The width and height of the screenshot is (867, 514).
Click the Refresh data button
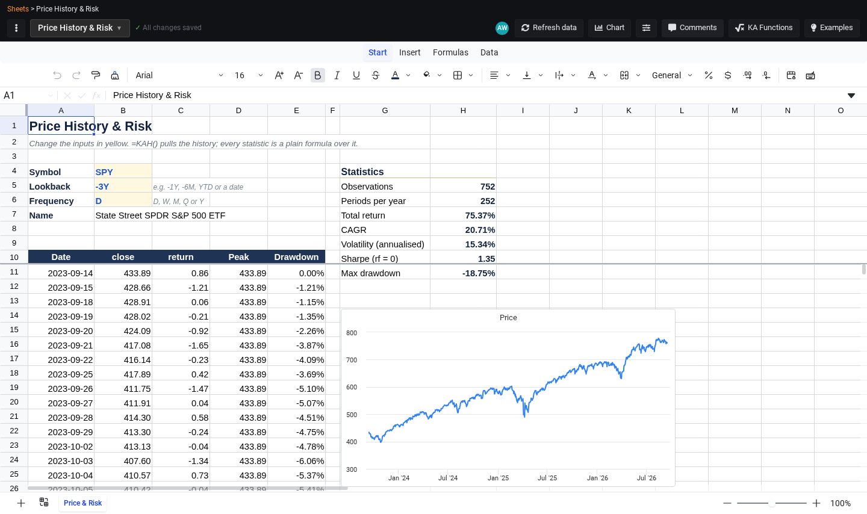[x=549, y=28]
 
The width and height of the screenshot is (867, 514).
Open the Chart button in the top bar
[x=609, y=28]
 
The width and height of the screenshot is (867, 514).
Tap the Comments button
[x=692, y=28]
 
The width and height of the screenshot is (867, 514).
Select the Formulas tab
[x=450, y=52]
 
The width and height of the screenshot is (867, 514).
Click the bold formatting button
[x=317, y=75]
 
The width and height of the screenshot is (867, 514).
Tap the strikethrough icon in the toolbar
[x=376, y=75]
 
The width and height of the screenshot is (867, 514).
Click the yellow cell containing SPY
[x=123, y=172]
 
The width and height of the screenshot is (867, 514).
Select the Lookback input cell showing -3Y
[x=123, y=187]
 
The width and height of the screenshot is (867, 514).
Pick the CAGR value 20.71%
[x=479, y=230]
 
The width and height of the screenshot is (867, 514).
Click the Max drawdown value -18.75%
[x=479, y=273]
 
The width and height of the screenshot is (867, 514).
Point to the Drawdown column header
[x=296, y=257]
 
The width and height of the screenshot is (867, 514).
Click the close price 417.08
[x=137, y=345]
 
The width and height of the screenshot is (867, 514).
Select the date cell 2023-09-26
[x=70, y=389]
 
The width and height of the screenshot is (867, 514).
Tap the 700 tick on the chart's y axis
[x=352, y=360]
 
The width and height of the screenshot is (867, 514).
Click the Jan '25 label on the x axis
[x=498, y=478]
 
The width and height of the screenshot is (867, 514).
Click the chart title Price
[x=508, y=317]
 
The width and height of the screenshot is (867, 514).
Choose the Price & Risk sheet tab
[x=82, y=503]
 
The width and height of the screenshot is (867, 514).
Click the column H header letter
[x=463, y=111]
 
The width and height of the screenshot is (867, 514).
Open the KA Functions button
[x=763, y=28]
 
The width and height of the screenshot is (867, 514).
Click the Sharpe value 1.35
[x=486, y=259]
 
